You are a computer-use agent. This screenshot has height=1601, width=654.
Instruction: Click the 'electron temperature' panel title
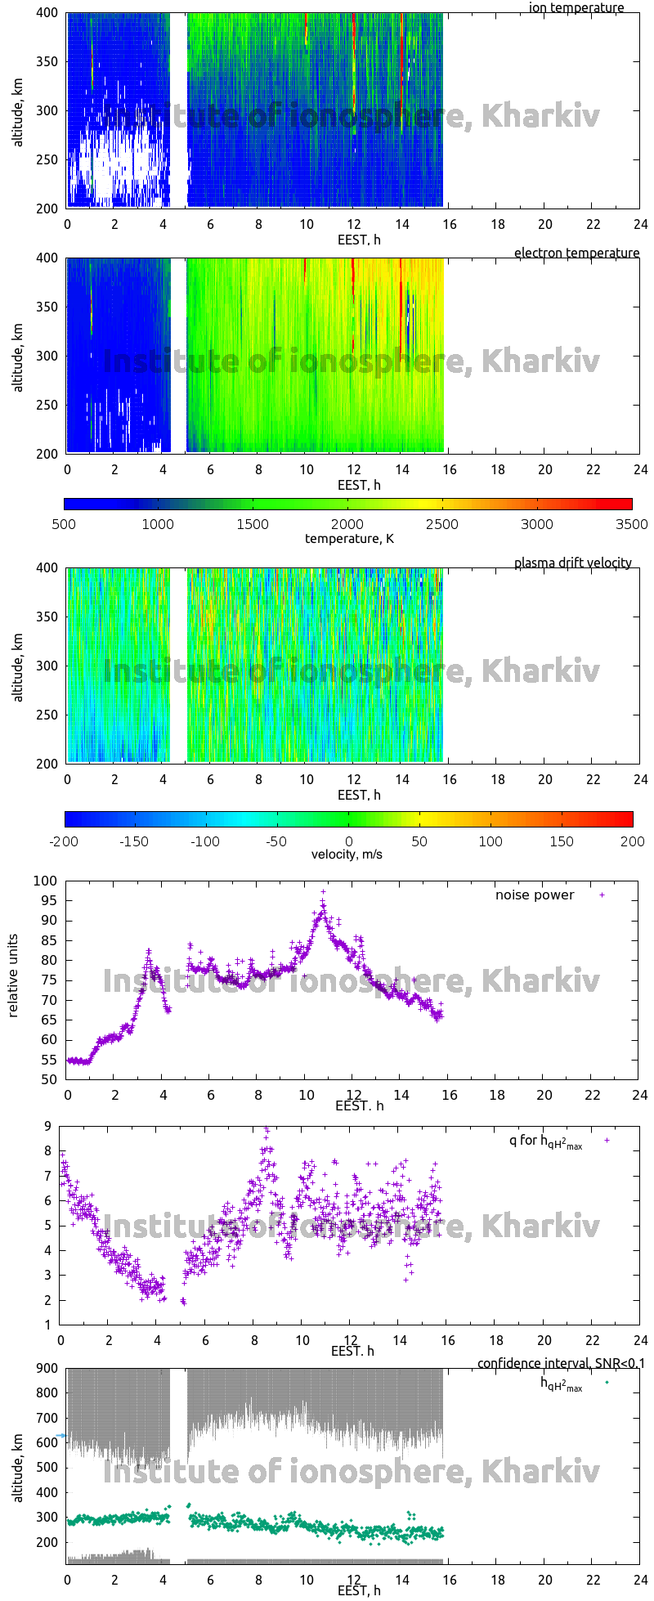click(x=576, y=253)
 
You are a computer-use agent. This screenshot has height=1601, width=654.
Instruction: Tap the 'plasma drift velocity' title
click(x=572, y=563)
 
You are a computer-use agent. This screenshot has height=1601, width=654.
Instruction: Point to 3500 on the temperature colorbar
click(x=632, y=524)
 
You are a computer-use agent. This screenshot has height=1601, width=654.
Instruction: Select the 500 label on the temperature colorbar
click(x=64, y=524)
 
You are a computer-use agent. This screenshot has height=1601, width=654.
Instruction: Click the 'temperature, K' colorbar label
click(x=349, y=538)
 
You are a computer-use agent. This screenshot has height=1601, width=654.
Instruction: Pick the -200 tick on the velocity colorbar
click(x=64, y=841)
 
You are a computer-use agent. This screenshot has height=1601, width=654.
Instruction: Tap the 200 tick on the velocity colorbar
click(x=632, y=841)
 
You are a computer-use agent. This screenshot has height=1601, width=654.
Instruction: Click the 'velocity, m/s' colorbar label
click(x=347, y=854)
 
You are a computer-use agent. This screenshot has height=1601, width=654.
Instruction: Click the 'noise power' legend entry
click(x=535, y=895)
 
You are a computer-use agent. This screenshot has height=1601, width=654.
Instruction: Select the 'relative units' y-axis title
click(x=14, y=980)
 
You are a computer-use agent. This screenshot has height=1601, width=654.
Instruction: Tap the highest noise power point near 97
click(x=323, y=892)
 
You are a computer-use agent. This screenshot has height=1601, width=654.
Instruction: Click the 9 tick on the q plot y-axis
click(x=48, y=1126)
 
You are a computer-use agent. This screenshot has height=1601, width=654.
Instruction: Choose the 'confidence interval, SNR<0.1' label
click(x=561, y=1363)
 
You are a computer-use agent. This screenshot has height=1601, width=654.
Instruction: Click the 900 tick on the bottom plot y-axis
click(x=46, y=1368)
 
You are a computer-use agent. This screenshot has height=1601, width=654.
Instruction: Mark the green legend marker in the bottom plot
click(x=607, y=1382)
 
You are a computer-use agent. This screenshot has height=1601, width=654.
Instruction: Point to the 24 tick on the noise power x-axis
click(x=639, y=1095)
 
